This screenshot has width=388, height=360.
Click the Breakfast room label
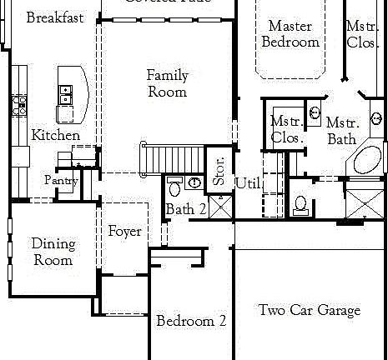pyautogui.click(x=54, y=17)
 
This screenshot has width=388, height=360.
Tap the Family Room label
pyautogui.click(x=168, y=83)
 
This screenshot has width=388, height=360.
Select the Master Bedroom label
pyautogui.click(x=290, y=34)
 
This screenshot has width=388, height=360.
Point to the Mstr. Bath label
pyautogui.click(x=341, y=130)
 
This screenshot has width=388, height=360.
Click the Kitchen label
pyautogui.click(x=56, y=135)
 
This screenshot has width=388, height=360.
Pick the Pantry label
pyautogui.click(x=60, y=180)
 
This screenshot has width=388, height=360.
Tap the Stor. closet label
pyautogui.click(x=219, y=169)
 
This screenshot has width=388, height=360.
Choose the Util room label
pyautogui.click(x=248, y=183)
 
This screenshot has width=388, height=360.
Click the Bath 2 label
pyautogui.click(x=185, y=209)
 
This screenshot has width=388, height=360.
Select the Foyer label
pyautogui.click(x=124, y=231)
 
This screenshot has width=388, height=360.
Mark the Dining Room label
pyautogui.click(x=53, y=252)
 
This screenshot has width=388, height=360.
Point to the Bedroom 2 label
pyautogui.click(x=191, y=321)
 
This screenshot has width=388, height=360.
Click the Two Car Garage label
pyautogui.click(x=309, y=311)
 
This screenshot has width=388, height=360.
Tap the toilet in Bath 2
pyautogui.click(x=175, y=183)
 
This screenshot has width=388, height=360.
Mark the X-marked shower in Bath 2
pyautogui.click(x=219, y=206)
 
